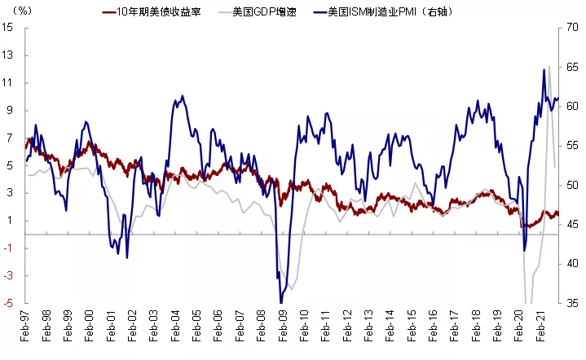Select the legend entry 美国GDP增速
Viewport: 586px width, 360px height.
263,12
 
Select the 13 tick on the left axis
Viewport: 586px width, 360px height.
9,56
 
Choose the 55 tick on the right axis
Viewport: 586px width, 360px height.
572,146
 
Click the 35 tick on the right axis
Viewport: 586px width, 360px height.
572,302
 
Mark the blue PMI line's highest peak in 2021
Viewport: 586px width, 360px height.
544,69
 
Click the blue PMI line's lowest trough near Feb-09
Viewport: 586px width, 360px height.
280,302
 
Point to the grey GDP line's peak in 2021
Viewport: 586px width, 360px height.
549,66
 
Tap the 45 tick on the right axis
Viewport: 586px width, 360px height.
572,224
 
